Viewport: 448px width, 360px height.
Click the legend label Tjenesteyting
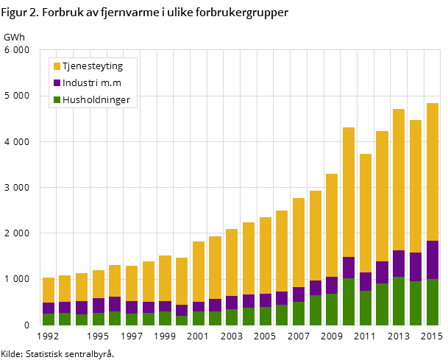pos(92,66)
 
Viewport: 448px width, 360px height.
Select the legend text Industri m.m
pos(92,83)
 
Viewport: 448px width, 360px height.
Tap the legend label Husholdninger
pos(96,100)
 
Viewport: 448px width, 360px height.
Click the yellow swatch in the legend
pos(57,66)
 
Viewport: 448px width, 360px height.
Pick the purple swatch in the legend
pos(57,83)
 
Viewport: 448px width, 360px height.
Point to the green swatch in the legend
pos(57,100)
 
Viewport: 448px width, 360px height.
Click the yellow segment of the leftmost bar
pos(49,290)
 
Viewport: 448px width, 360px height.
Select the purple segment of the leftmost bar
pos(49,308)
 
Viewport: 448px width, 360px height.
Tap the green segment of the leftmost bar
pos(49,319)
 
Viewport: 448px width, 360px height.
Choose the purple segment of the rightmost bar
pos(432,260)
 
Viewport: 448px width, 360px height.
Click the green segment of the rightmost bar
pos(432,302)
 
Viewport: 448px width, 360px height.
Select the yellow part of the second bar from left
pos(65,289)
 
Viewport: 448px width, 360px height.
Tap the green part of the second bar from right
pos(416,303)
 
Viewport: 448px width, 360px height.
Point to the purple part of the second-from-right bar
pos(416,267)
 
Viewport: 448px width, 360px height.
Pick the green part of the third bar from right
pos(399,300)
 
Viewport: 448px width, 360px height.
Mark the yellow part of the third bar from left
pos(82,287)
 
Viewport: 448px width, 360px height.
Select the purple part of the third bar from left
pos(82,308)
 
